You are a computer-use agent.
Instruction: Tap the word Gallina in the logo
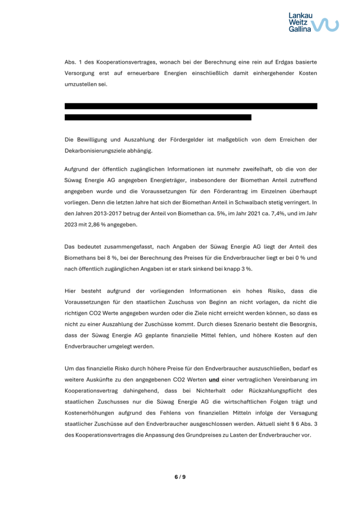pyautogui.click(x=300, y=29)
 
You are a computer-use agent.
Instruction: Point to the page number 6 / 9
pyautogui.click(x=180, y=477)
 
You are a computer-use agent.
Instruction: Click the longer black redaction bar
pyautogui.click(x=191, y=106)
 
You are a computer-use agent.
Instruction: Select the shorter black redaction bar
pyautogui.click(x=158, y=117)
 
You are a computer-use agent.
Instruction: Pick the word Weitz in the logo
pyautogui.click(x=298, y=22)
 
